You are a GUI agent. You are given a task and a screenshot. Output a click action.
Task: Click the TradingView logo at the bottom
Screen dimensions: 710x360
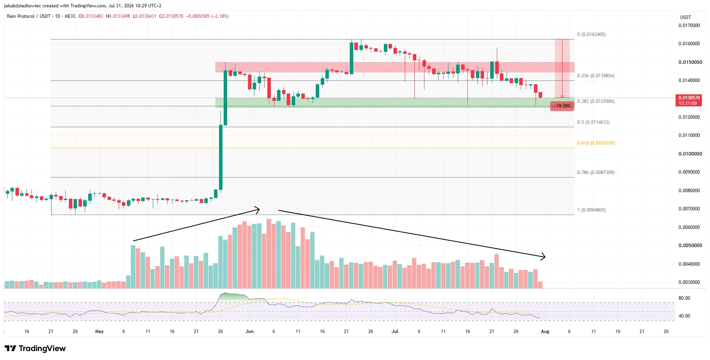point(35,348)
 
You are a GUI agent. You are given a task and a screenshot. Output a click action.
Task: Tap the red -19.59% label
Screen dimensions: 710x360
point(562,106)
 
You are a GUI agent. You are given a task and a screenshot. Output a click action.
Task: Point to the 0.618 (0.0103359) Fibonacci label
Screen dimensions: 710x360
point(595,143)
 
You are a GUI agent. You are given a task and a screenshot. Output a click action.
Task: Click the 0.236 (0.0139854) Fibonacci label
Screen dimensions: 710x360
point(595,76)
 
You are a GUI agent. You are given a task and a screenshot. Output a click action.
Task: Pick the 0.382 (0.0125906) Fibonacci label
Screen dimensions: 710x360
point(595,101)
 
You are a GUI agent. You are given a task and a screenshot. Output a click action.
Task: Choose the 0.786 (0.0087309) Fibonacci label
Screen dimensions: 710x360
point(595,172)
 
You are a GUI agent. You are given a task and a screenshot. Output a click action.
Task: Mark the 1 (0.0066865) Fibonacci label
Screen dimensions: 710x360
point(591,210)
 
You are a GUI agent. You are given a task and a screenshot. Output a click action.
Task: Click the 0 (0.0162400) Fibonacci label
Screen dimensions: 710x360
point(591,34)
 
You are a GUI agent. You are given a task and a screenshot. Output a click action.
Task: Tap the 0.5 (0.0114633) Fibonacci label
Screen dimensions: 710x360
point(593,122)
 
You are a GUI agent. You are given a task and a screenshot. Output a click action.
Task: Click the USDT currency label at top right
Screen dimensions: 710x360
point(685,17)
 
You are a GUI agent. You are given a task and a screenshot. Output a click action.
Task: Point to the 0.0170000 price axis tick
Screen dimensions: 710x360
point(689,26)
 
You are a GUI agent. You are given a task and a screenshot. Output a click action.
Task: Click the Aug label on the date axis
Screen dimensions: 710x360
point(545,331)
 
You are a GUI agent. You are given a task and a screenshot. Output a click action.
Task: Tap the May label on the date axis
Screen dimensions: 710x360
point(99,331)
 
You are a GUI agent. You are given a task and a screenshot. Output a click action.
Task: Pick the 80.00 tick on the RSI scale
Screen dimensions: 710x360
point(684,298)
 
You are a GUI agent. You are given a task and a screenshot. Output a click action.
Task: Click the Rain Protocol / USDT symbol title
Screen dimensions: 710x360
point(29,16)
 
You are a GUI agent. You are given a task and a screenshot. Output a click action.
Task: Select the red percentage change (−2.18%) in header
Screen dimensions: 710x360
point(220,16)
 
